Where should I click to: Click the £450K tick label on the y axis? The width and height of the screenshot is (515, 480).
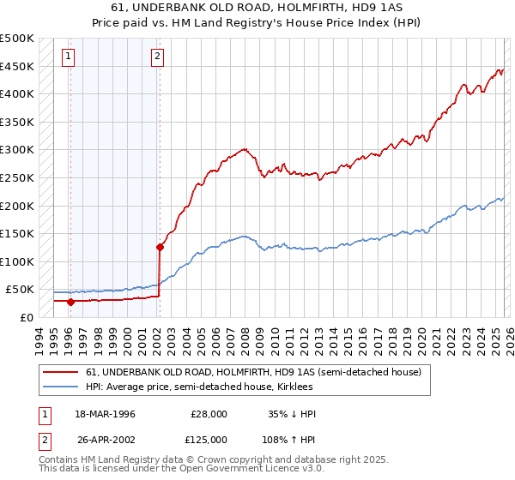17,66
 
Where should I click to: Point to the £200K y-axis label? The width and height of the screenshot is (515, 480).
17,206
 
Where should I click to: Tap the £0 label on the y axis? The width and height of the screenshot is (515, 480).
26,317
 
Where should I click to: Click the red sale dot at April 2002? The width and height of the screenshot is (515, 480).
160,247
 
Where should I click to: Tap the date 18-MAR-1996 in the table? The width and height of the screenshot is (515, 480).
106,414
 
